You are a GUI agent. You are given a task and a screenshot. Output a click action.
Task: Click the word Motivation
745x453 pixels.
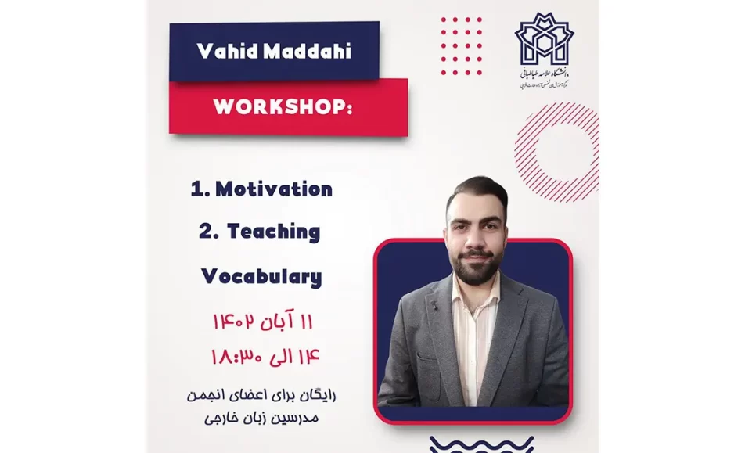pyautogui.click(x=273, y=189)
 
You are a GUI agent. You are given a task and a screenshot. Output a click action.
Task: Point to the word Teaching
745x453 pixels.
pyautogui.click(x=273, y=232)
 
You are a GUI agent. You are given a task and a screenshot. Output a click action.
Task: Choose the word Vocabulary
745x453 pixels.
pyautogui.click(x=261, y=276)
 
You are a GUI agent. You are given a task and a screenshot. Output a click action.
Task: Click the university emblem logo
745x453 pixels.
pyautogui.click(x=544, y=41)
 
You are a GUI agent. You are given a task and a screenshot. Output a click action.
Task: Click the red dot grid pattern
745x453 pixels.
pyautogui.click(x=461, y=46)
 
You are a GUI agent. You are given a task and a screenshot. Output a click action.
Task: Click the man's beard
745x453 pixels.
pyautogui.click(x=476, y=265)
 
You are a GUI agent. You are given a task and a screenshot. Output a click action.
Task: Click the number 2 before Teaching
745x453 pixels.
pyautogui.click(x=205, y=232)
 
